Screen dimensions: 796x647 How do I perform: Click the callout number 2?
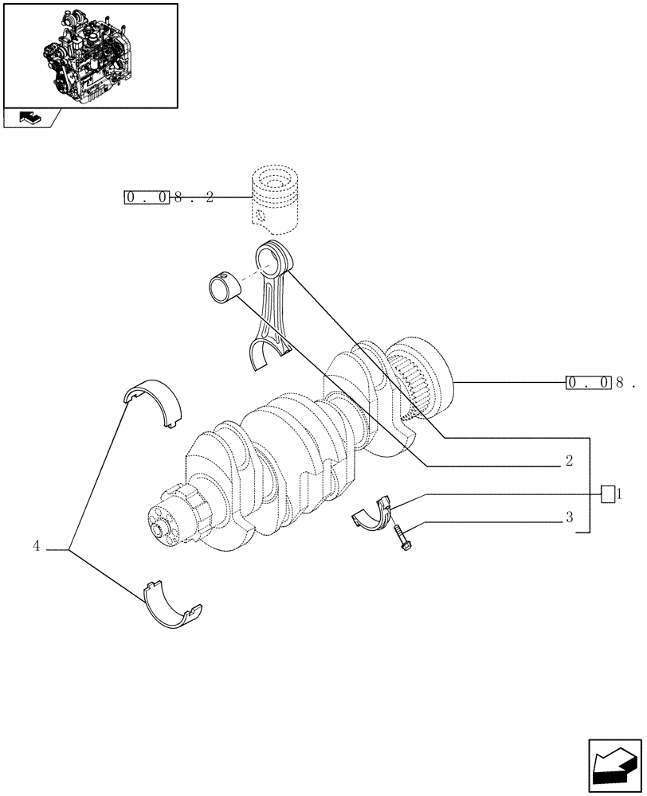[569, 460]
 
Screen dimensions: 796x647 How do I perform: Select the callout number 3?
[569, 517]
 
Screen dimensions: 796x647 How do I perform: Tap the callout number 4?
[37, 546]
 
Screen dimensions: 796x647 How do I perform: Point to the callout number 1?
[619, 494]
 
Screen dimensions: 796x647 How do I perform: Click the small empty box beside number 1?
[607, 494]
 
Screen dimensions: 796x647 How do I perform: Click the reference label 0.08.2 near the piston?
[169, 197]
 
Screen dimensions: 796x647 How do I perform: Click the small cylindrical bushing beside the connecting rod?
[224, 287]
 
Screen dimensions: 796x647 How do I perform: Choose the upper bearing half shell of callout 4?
[155, 403]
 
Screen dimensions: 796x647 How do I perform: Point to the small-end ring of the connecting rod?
[272, 259]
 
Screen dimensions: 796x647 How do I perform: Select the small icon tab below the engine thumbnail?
[31, 119]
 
